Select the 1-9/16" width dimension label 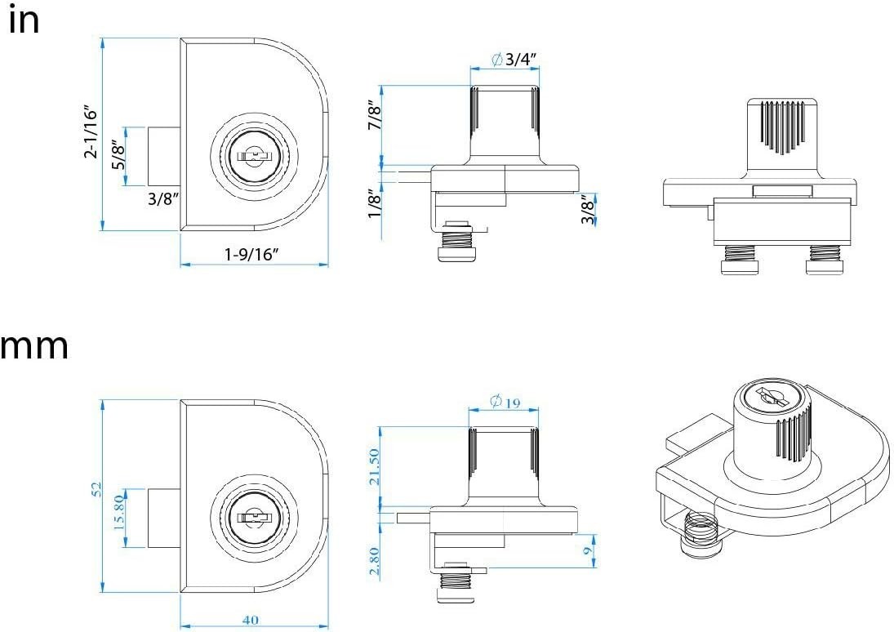click(251, 255)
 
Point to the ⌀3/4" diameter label click(514, 59)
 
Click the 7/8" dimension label click(375, 115)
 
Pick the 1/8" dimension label click(375, 203)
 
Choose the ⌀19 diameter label click(505, 402)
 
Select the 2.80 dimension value click(374, 562)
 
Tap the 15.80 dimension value click(119, 512)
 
